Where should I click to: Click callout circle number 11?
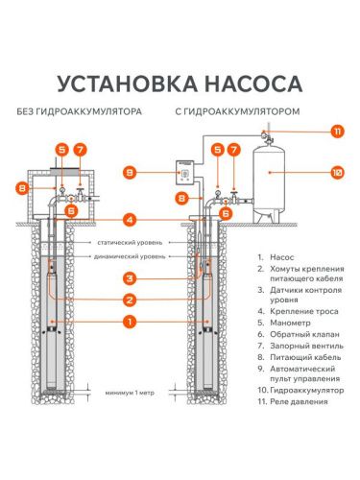337,131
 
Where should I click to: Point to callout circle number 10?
337,173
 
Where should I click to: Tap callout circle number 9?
156,173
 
